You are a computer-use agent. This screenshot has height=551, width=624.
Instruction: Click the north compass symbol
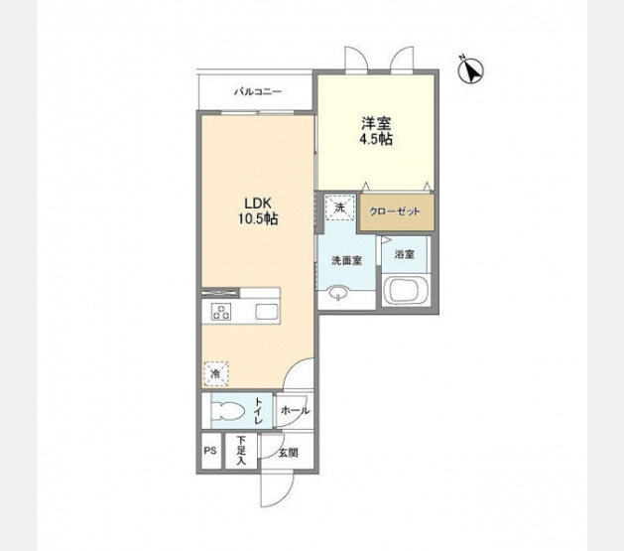(x=471, y=70)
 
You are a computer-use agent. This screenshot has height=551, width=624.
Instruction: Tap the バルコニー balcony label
(x=258, y=92)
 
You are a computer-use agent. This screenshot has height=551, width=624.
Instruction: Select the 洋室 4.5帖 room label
(x=376, y=131)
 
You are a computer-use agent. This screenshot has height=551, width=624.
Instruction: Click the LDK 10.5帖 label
(x=258, y=211)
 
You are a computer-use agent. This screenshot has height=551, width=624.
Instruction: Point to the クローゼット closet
(x=397, y=211)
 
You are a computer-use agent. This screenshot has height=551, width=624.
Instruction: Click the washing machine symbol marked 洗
(x=339, y=207)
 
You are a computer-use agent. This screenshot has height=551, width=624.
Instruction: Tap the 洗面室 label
(x=347, y=261)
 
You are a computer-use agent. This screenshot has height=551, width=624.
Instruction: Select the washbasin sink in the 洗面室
(x=338, y=293)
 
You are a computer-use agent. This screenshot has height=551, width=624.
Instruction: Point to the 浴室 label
(x=405, y=254)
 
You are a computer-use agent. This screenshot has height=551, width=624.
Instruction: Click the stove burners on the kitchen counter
(x=221, y=311)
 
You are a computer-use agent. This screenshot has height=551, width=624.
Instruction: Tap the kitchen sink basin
(x=266, y=311)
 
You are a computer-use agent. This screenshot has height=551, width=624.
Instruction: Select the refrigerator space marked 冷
(x=215, y=374)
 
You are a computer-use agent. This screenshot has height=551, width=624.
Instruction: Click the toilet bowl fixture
(x=227, y=410)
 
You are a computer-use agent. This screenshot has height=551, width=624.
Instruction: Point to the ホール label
(x=295, y=410)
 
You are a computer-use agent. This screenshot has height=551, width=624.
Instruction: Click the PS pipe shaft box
(x=210, y=451)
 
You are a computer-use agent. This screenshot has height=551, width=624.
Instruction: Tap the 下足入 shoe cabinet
(x=241, y=451)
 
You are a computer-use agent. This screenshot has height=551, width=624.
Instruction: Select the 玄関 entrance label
(x=288, y=453)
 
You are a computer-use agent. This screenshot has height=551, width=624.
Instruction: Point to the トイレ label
(x=259, y=410)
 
